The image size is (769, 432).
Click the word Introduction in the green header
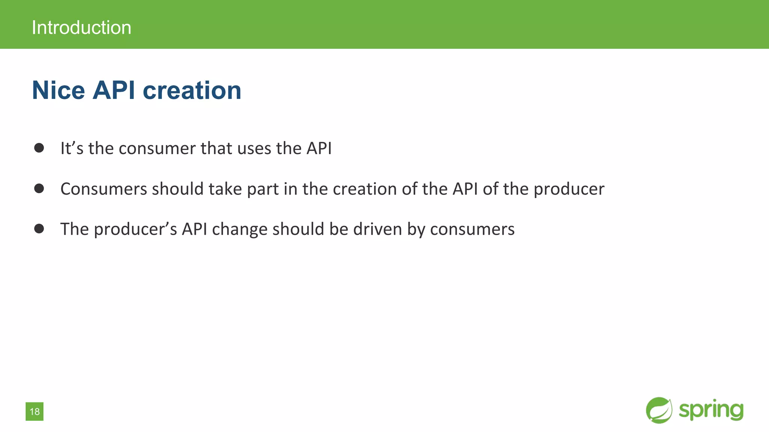pyautogui.click(x=81, y=28)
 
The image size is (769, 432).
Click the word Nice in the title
pyautogui.click(x=59, y=90)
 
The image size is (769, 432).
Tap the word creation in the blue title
pyautogui.click(x=192, y=90)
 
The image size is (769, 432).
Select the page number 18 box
pyautogui.click(x=35, y=411)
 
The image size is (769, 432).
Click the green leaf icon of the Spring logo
pyautogui.click(x=659, y=410)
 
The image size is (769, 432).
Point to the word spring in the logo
pyautogui.click(x=711, y=410)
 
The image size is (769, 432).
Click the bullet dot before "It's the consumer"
pyautogui.click(x=39, y=148)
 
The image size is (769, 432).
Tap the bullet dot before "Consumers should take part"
pyautogui.click(x=39, y=188)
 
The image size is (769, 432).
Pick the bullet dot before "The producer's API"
pyautogui.click(x=39, y=228)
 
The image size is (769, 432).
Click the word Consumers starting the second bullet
pyautogui.click(x=104, y=189)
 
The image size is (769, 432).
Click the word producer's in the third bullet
pyautogui.click(x=135, y=229)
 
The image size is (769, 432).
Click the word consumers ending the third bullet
pyautogui.click(x=472, y=229)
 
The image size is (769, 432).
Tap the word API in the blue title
pyautogui.click(x=113, y=90)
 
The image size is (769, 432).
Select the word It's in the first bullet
pyautogui.click(x=72, y=148)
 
